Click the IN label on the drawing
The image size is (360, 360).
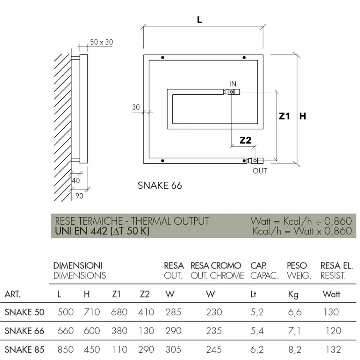[x=233, y=84]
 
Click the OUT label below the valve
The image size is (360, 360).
[x=260, y=171]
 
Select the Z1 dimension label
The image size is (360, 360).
[x=284, y=116]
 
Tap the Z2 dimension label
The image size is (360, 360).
[x=246, y=140]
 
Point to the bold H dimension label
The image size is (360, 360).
[x=302, y=116]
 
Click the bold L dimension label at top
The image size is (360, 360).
[x=200, y=20]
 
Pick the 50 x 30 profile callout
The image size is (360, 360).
[x=101, y=42]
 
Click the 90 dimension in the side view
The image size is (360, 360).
[x=80, y=196]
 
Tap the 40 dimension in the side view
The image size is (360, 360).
[x=76, y=181]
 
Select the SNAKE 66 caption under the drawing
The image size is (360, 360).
[x=160, y=185]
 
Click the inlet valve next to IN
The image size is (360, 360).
[x=232, y=92]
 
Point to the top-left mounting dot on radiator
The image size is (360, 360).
[x=163, y=58]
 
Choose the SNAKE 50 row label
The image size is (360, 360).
[x=24, y=312]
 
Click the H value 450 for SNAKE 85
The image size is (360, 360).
[x=91, y=349]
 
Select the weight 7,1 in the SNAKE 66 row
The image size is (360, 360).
[x=294, y=331]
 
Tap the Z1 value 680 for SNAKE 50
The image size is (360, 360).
[x=119, y=312]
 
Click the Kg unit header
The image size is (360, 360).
[x=293, y=294]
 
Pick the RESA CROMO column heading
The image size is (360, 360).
[x=216, y=266]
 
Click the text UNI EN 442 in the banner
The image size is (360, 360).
[x=81, y=231]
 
